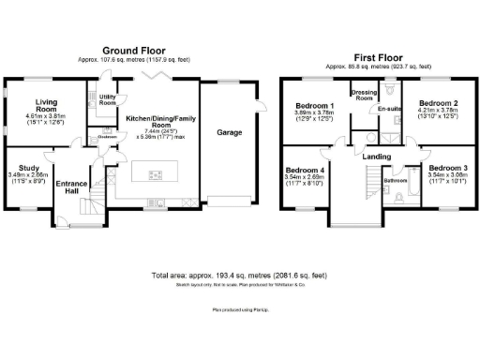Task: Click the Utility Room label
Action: coord(107,98)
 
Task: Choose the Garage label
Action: coord(230,133)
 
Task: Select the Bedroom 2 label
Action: coord(438,103)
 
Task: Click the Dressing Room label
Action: coord(362,96)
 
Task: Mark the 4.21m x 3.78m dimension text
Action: coord(438,112)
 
